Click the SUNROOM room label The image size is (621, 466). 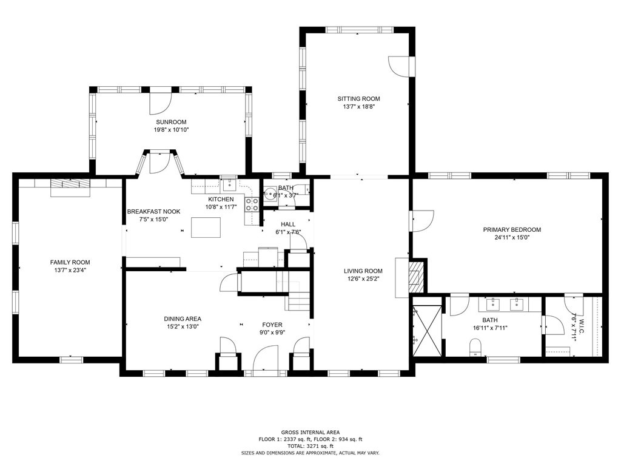pyautogui.click(x=171, y=122)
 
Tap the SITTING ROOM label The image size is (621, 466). pyautogui.click(x=358, y=99)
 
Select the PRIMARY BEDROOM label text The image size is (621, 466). pyautogui.click(x=512, y=229)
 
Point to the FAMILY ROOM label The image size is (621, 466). pyautogui.click(x=70, y=262)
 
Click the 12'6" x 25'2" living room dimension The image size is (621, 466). pyautogui.click(x=363, y=279)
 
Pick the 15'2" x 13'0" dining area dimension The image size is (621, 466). pyautogui.click(x=183, y=326)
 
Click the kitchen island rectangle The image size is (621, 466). pyautogui.click(x=206, y=228)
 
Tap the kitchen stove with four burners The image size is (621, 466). pyautogui.click(x=252, y=204)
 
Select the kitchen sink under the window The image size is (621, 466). pyautogui.click(x=229, y=185)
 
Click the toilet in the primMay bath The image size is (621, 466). pyautogui.click(x=474, y=347)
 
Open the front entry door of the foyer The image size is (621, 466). pyautogui.click(x=266, y=358)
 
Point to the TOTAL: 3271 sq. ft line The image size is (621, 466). pyautogui.click(x=310, y=446)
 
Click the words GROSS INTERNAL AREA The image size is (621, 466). pyautogui.click(x=310, y=432)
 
